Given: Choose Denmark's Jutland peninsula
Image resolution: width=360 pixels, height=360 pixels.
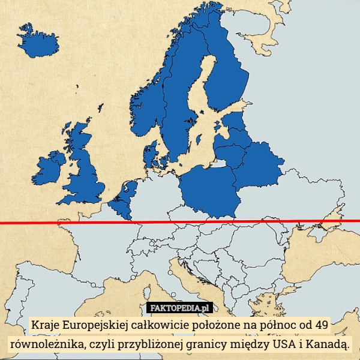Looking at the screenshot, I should (149, 153).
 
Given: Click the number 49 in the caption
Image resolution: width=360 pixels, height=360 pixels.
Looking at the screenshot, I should (321, 326).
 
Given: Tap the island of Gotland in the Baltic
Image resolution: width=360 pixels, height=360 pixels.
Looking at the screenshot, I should (199, 139).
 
